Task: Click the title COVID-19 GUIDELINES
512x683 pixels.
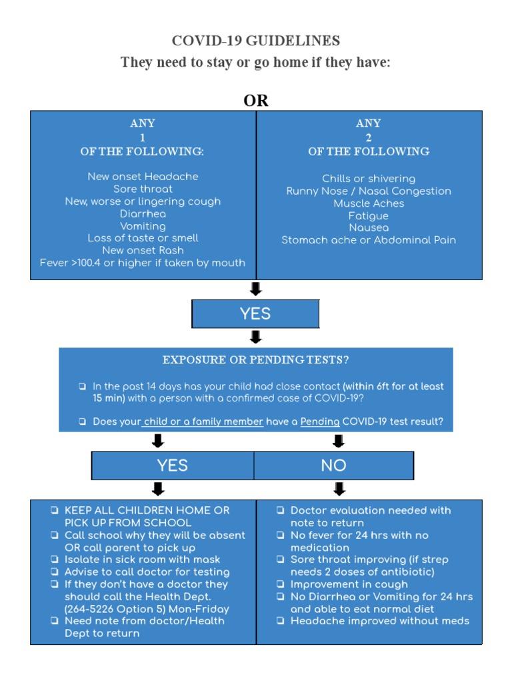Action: [x=256, y=41]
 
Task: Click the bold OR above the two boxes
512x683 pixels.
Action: [x=256, y=101]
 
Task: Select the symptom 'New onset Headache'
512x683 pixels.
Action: [x=143, y=177]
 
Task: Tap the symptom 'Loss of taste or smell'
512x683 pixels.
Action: [x=143, y=238]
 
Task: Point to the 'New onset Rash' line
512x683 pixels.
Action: [x=143, y=250]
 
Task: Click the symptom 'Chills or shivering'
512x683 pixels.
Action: [x=369, y=179]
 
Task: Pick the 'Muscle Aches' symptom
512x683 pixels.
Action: [x=369, y=203]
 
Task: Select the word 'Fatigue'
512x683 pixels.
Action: [x=369, y=216]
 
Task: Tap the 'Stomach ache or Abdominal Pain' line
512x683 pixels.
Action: [x=369, y=240]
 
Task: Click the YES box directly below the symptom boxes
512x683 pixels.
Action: [x=255, y=314]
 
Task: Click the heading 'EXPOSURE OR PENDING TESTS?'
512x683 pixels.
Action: [x=256, y=360]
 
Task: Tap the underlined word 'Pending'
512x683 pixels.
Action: [x=320, y=422]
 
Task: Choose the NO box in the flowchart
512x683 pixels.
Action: [x=333, y=466]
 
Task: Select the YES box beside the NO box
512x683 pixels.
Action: [x=173, y=466]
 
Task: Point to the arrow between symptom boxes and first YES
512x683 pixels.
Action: [x=255, y=289]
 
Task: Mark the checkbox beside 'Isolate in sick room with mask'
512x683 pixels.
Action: [x=54, y=560]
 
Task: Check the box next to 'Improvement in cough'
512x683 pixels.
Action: [x=281, y=585]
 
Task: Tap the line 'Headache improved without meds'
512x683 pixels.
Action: [x=380, y=621]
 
